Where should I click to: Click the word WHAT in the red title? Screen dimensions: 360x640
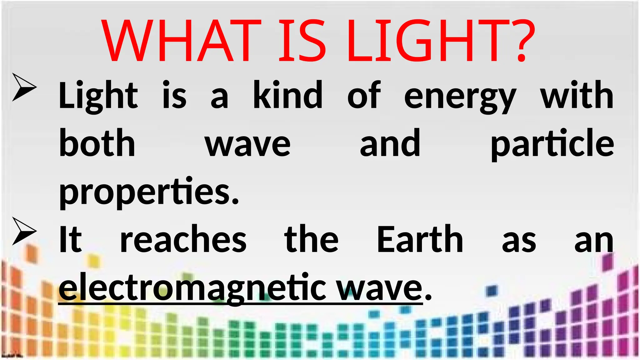(181, 40)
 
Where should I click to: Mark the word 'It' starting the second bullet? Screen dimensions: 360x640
(70, 239)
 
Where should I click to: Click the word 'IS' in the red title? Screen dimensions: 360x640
(302, 40)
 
